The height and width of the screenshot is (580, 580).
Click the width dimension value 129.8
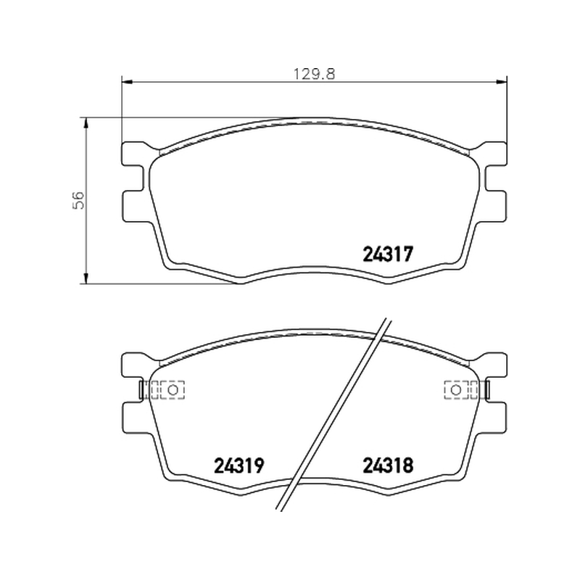click(314, 74)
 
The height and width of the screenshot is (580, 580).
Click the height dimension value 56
click(79, 200)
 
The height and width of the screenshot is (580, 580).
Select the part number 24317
click(387, 254)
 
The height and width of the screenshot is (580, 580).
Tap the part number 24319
click(239, 465)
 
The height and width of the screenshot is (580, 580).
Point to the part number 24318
click(388, 465)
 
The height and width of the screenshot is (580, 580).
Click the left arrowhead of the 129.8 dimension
click(126, 81)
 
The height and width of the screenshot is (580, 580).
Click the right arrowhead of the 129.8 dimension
click(502, 81)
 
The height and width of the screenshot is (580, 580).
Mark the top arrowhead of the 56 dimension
click(86, 123)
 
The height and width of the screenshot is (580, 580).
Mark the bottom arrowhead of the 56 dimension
click(86, 278)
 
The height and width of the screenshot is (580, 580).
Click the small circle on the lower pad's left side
click(173, 390)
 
